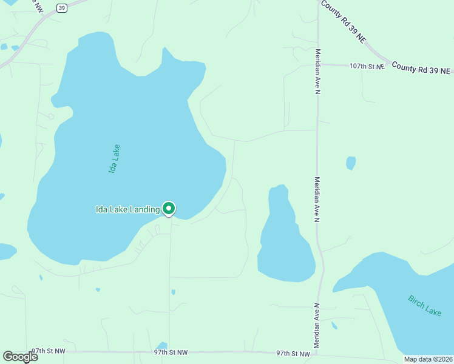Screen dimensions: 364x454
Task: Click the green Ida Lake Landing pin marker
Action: pyautogui.click(x=169, y=209)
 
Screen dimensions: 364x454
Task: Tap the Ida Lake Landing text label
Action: pyautogui.click(x=127, y=210)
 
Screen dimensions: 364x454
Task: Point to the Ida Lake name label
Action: pyautogui.click(x=113, y=159)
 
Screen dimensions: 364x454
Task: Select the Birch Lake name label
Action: pyautogui.click(x=425, y=305)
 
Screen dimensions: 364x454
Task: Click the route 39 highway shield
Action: pyautogui.click(x=61, y=7)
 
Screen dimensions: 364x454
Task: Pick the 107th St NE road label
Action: pyautogui.click(x=367, y=66)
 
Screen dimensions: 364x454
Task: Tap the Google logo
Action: pyautogui.click(x=21, y=356)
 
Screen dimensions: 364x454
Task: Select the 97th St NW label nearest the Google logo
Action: pyautogui.click(x=48, y=351)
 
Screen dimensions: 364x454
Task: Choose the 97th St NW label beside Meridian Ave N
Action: pyautogui.click(x=293, y=352)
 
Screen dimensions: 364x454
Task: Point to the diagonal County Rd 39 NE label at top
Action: pyautogui.click(x=344, y=21)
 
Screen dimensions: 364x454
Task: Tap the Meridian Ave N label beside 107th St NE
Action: pyautogui.click(x=317, y=72)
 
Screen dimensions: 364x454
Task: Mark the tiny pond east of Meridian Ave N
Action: pyautogui.click(x=351, y=163)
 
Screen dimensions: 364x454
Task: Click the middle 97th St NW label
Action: pyautogui.click(x=171, y=352)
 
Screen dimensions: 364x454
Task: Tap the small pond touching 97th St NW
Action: pyautogui.click(x=161, y=346)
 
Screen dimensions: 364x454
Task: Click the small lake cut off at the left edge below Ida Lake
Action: pyautogui.click(x=6, y=251)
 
